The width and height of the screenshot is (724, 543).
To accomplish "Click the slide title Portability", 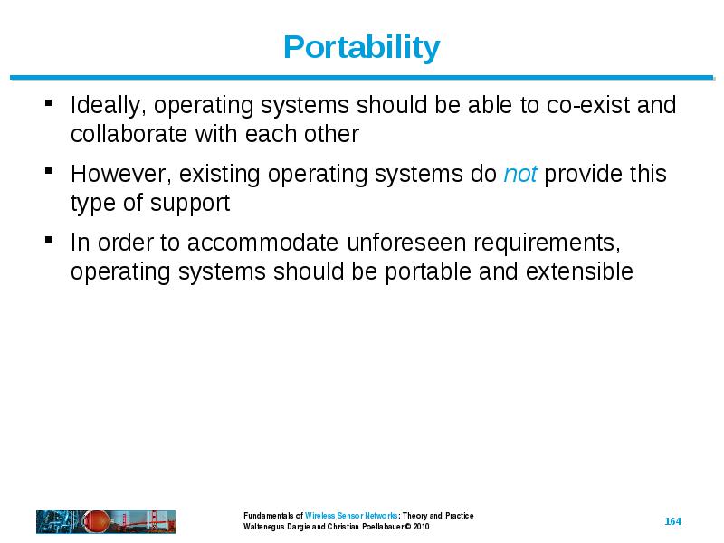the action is [x=361, y=48].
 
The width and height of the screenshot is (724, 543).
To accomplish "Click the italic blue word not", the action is [x=520, y=174].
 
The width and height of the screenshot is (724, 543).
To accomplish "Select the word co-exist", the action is [x=588, y=105].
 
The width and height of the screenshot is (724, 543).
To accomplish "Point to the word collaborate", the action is [x=129, y=134].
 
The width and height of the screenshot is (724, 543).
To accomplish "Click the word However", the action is [x=121, y=175].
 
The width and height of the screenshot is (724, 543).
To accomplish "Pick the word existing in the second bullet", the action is [x=219, y=175].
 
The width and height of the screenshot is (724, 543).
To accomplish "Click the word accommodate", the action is [x=262, y=243].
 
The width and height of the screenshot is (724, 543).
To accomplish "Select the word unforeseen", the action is [x=406, y=243].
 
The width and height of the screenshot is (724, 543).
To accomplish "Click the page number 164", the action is [x=672, y=521].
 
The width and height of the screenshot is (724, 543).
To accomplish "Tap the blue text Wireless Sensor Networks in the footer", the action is [x=351, y=515].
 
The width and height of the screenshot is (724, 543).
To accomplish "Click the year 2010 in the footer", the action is [x=421, y=527].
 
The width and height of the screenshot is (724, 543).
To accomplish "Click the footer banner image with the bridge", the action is [x=106, y=522].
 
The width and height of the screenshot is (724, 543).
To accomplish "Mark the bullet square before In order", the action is [x=49, y=240].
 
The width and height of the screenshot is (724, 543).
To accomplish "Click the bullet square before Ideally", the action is [x=49, y=102].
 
